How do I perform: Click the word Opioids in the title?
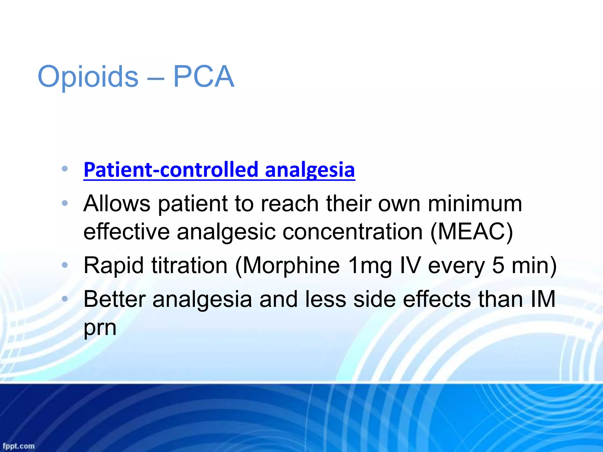coord(88,77)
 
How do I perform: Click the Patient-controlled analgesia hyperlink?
coord(219,170)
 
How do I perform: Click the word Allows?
coord(117,203)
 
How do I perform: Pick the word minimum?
coord(475,203)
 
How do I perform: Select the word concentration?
coord(353,232)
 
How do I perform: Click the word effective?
coord(127,232)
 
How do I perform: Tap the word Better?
coord(115,299)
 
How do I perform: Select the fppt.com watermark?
coord(19,446)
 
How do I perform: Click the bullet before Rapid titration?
coord(65,265)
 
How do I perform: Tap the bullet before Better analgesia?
coord(65,299)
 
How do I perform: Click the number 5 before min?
coord(498,266)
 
